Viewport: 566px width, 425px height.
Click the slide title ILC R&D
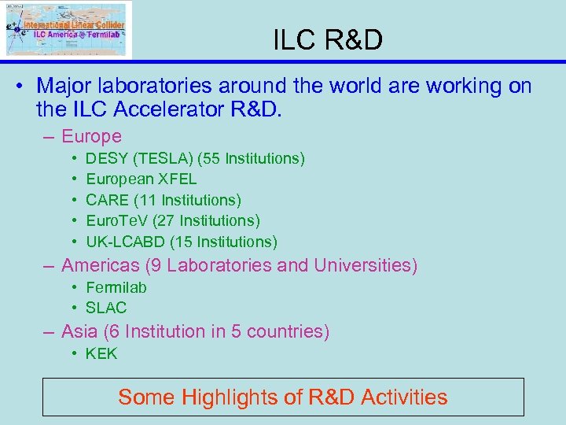pos(328,39)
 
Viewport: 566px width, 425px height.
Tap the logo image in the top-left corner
pos(66,29)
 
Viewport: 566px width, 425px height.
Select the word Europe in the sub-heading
pos(91,136)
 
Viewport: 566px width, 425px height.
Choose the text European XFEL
pos(141,179)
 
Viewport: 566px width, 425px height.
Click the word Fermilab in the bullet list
pos(116,287)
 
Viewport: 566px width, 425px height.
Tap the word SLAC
pos(106,308)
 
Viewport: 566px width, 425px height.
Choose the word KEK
pos(101,353)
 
